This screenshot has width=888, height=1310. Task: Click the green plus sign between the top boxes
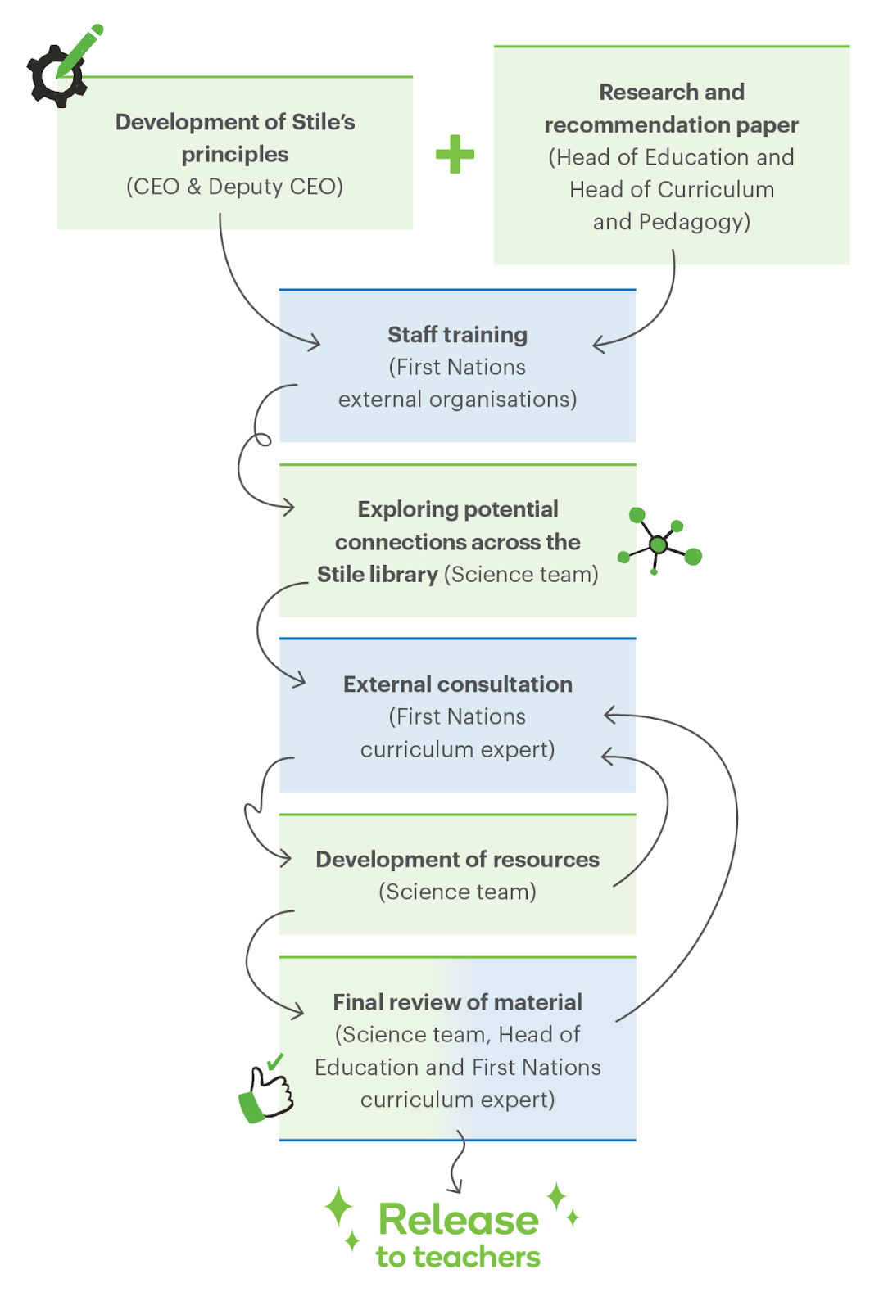pyautogui.click(x=455, y=154)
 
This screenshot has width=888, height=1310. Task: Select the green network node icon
pyautogui.click(x=660, y=543)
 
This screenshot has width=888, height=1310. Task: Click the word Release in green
pyautogui.click(x=459, y=1220)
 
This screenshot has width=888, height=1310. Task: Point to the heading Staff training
pyautogui.click(x=457, y=335)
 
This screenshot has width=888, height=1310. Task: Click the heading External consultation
pyautogui.click(x=457, y=684)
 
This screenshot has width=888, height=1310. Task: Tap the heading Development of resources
pyautogui.click(x=457, y=860)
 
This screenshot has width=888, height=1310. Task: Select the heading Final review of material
pyautogui.click(x=457, y=1002)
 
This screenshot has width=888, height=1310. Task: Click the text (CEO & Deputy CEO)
pyautogui.click(x=234, y=187)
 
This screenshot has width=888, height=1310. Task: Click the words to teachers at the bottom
pyautogui.click(x=459, y=1258)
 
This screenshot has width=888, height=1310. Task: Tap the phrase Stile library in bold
pyautogui.click(x=378, y=575)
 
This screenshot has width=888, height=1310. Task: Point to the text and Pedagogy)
pyautogui.click(x=672, y=222)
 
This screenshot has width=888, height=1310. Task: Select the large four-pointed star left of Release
pyautogui.click(x=338, y=1207)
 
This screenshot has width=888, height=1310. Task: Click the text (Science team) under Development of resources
pyautogui.click(x=457, y=892)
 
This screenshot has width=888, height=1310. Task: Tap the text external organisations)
pyautogui.click(x=457, y=400)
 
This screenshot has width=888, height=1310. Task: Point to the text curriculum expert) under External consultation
pyautogui.click(x=457, y=750)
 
